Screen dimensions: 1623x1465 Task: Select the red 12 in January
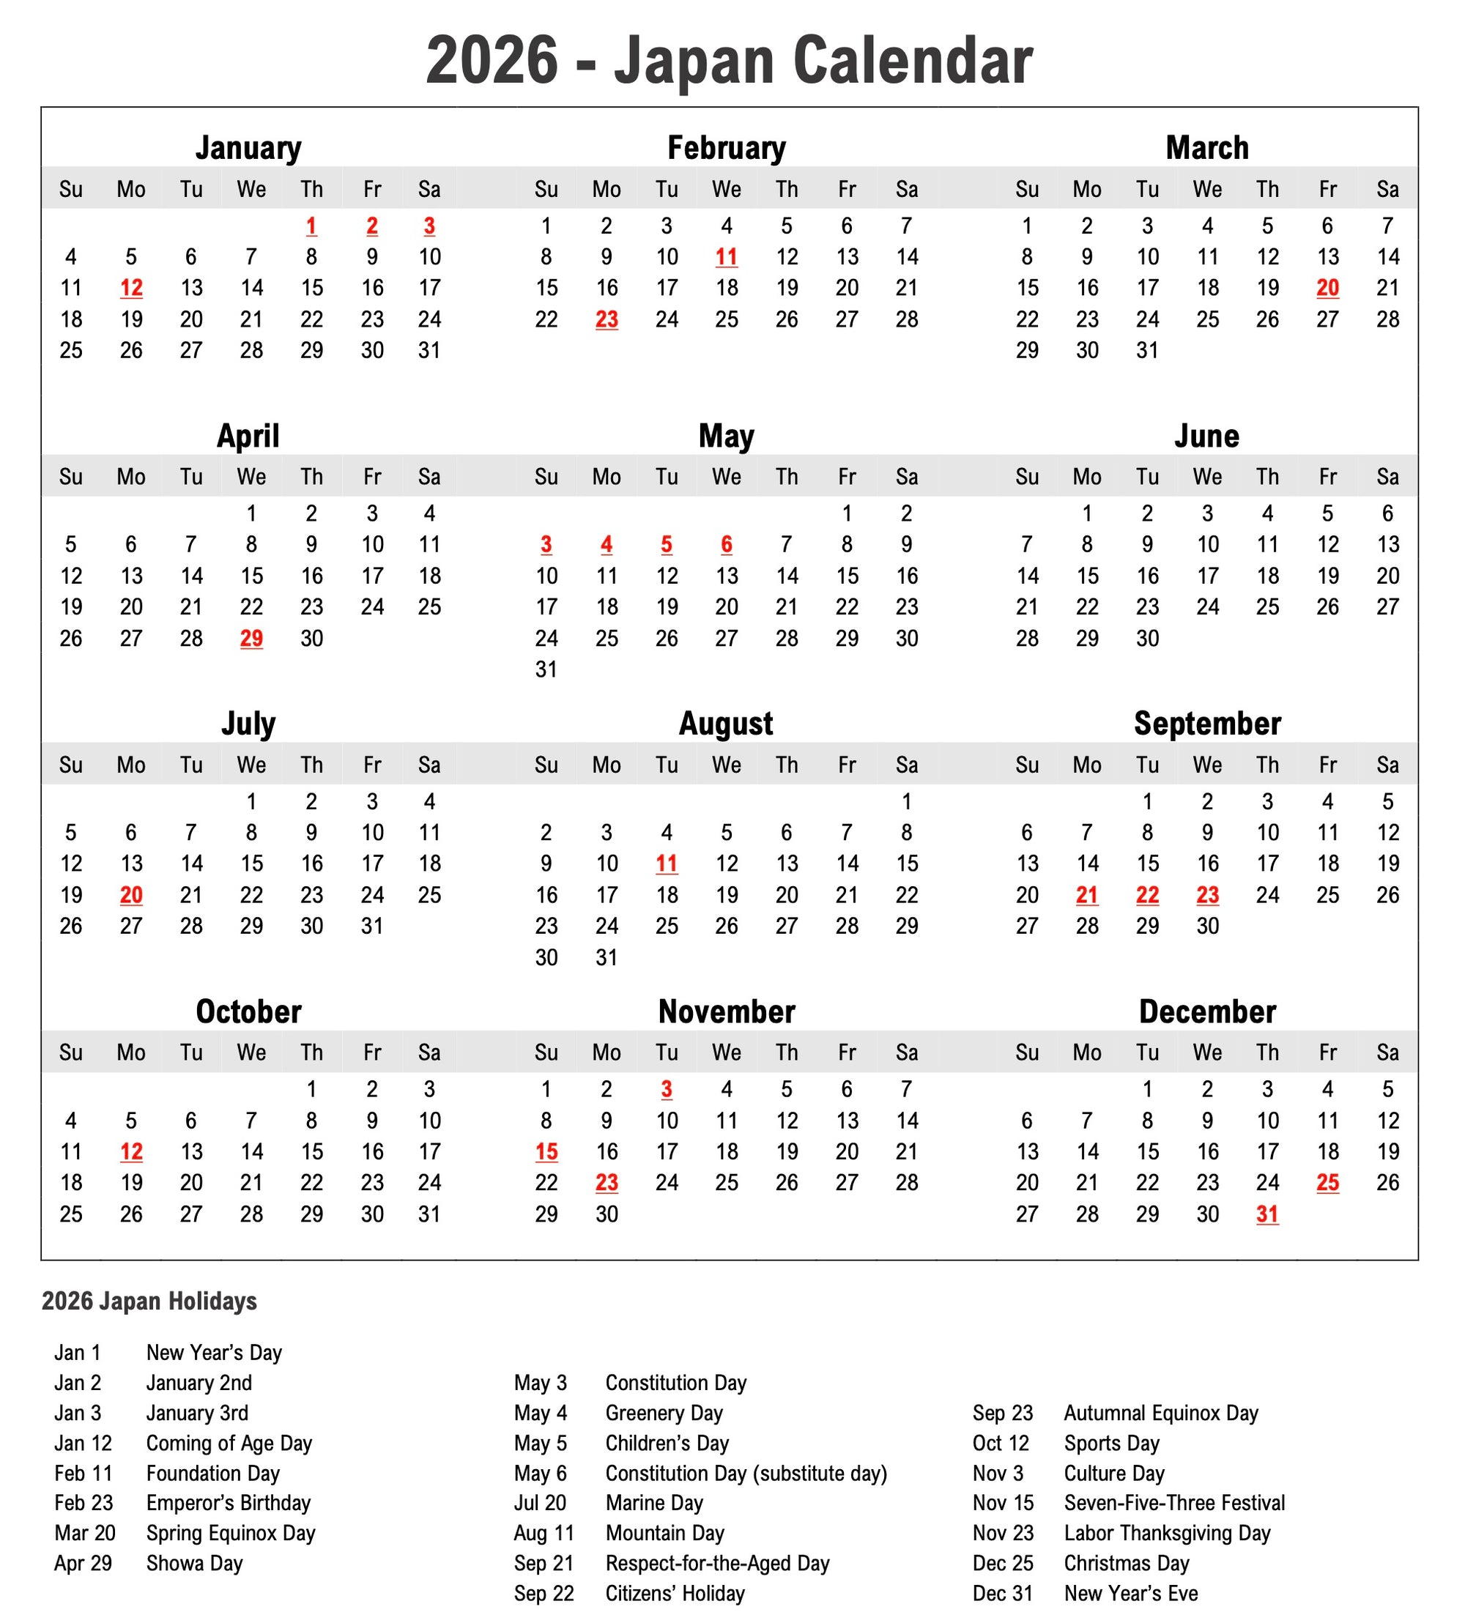point(131,288)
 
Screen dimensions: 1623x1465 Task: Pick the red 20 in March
point(1327,288)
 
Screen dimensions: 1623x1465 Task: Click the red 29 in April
point(251,639)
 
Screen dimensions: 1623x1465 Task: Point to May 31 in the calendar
point(546,669)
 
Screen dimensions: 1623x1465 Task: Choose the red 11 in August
point(666,864)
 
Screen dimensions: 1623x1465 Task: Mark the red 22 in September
point(1147,895)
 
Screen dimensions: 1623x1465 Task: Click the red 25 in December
point(1327,1182)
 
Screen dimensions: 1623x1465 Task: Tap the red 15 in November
point(546,1151)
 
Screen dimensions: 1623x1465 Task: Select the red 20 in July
point(131,895)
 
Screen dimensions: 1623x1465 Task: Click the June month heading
point(1206,436)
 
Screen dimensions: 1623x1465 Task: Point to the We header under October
point(251,1052)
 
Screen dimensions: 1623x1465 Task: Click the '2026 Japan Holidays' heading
point(149,1301)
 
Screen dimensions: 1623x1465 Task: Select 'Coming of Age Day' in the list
point(229,1443)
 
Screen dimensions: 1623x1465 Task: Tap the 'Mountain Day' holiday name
point(665,1533)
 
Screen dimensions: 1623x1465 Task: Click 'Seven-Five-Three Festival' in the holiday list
point(1173,1502)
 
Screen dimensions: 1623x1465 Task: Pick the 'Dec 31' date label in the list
point(1002,1593)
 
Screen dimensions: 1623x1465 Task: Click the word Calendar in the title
point(913,60)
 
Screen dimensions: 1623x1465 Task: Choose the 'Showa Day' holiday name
point(194,1563)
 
